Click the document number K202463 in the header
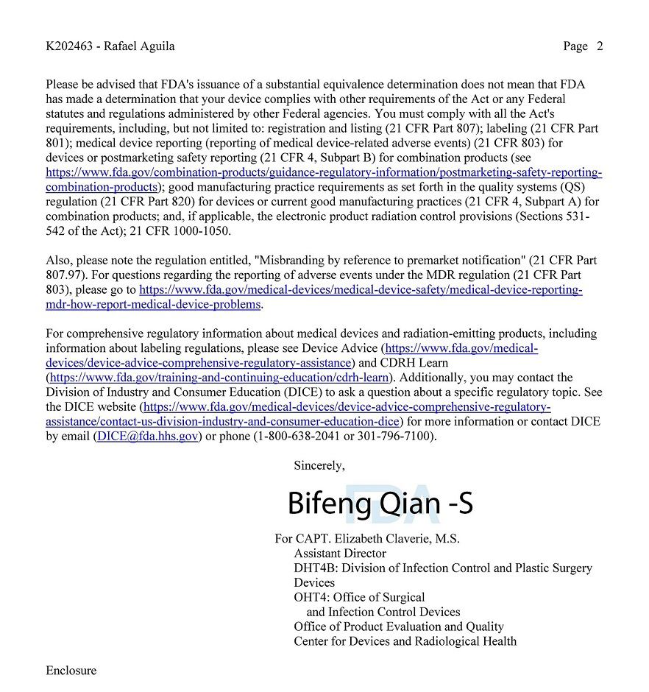click(x=71, y=46)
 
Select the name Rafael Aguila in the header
click(x=139, y=46)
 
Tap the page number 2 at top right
click(x=600, y=46)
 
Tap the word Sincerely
click(x=319, y=465)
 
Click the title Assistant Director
click(x=339, y=554)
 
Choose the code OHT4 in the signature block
click(x=311, y=598)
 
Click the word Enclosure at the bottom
click(x=71, y=671)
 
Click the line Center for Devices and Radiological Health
click(x=405, y=641)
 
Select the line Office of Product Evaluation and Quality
click(x=399, y=626)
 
